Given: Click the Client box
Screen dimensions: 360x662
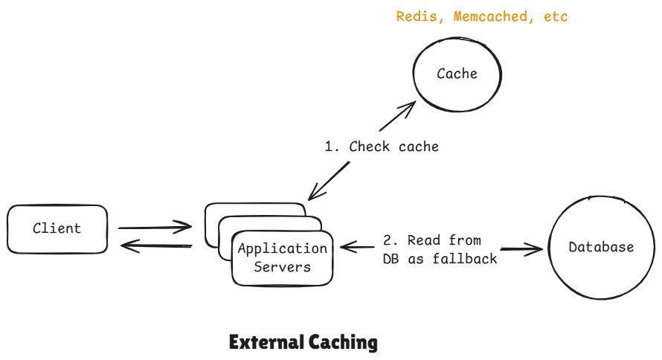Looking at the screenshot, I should [57, 229].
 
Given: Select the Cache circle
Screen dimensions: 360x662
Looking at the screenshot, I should [457, 74].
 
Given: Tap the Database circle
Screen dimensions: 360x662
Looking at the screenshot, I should [601, 248].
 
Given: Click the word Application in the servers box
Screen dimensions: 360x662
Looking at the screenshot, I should [282, 249].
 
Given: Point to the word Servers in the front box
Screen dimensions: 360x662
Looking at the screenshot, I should [282, 267].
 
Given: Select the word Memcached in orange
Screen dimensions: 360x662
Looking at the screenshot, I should [487, 16].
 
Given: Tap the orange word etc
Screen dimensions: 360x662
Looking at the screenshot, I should [556, 16].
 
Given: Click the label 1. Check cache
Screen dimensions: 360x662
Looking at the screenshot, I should [382, 147].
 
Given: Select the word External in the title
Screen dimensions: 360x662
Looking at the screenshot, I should [265, 343].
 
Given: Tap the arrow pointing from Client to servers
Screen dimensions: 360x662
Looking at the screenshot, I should [155, 227].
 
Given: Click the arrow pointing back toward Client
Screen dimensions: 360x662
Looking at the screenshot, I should [156, 245].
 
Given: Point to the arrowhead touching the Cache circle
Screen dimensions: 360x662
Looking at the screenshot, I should [407, 109].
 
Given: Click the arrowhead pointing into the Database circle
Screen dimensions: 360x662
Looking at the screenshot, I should [535, 249].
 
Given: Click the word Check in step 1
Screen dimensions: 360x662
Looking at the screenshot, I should [370, 147].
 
